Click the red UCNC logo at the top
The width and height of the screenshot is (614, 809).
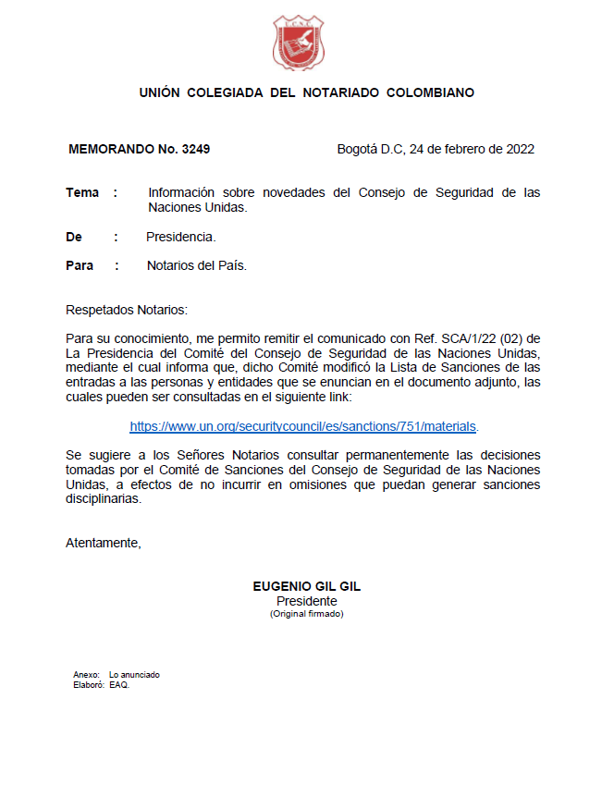pyautogui.click(x=299, y=43)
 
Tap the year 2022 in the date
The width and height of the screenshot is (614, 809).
pyautogui.click(x=519, y=149)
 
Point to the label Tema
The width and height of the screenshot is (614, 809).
pyautogui.click(x=82, y=192)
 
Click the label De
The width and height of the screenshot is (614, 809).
pyautogui.click(x=74, y=237)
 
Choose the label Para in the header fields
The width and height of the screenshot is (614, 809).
pyautogui.click(x=80, y=265)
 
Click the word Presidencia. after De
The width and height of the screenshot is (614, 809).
pyautogui.click(x=181, y=237)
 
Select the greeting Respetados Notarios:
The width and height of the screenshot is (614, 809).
pyautogui.click(x=127, y=309)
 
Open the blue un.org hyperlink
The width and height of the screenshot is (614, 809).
pyautogui.click(x=303, y=426)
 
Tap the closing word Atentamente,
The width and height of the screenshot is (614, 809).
pyautogui.click(x=104, y=543)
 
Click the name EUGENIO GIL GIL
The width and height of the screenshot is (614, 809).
pyautogui.click(x=306, y=586)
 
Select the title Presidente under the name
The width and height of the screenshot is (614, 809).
pyautogui.click(x=306, y=601)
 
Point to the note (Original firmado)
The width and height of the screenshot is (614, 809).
pyautogui.click(x=306, y=614)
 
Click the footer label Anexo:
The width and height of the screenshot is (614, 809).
pyautogui.click(x=86, y=675)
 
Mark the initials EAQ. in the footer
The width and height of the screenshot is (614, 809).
pyautogui.click(x=119, y=685)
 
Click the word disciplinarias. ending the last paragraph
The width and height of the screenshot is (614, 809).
pyautogui.click(x=104, y=499)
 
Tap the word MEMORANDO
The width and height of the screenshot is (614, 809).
pyautogui.click(x=109, y=149)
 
